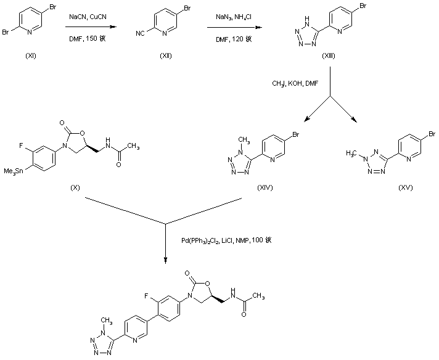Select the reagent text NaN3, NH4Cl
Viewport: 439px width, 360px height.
[233, 20]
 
